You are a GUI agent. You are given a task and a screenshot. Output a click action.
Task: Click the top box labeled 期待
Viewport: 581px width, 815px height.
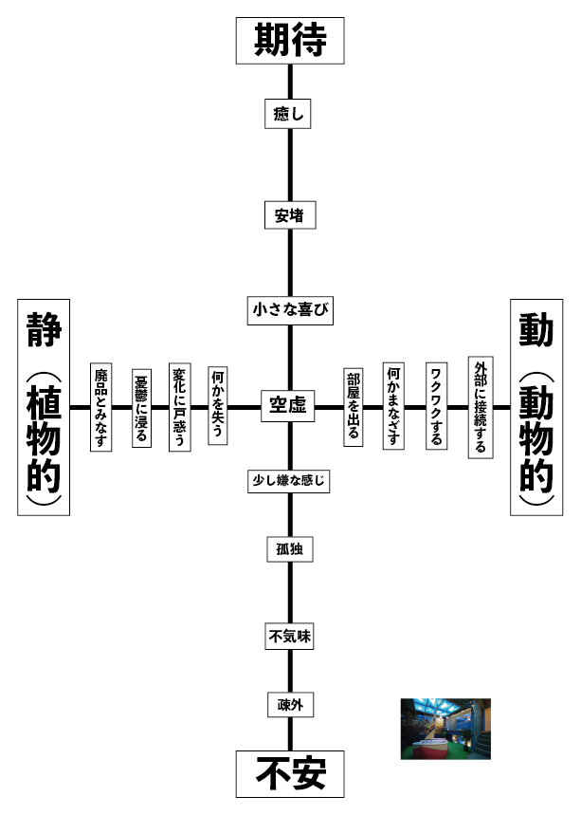pos(290,41)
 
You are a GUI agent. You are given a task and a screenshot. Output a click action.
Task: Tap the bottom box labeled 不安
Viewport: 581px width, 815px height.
pos(290,773)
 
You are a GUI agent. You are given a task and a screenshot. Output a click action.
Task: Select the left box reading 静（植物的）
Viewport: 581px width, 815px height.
pos(44,407)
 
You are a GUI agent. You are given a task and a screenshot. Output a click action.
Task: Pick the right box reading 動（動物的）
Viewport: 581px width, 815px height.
pos(536,407)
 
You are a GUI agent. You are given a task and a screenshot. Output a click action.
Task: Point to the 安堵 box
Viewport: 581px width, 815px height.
pos(289,215)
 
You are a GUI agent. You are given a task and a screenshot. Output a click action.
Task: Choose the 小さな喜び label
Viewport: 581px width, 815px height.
pos(290,310)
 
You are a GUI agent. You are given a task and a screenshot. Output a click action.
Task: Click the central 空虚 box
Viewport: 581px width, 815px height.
pos(287,406)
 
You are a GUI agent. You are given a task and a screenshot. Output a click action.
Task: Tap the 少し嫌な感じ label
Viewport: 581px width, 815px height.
pos(289,481)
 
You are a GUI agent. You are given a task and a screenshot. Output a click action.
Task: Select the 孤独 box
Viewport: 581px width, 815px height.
pos(289,548)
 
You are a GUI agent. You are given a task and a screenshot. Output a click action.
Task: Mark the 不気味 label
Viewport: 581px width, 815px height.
pos(289,638)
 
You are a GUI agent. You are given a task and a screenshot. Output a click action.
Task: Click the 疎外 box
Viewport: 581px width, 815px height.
pos(289,705)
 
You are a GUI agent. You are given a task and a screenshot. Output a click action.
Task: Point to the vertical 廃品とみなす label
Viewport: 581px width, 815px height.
pos(101,407)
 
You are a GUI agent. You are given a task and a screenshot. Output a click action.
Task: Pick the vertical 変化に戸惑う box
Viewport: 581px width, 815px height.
pos(180,407)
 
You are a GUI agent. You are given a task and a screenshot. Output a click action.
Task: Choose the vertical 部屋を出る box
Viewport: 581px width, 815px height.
pos(354,407)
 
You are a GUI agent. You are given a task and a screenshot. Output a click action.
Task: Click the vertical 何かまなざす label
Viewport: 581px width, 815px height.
pos(394,407)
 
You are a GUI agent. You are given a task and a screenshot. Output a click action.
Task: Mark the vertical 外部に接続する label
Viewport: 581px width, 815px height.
pos(481,407)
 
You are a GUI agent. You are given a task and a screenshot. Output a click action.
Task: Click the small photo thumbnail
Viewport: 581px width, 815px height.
pos(445,730)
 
